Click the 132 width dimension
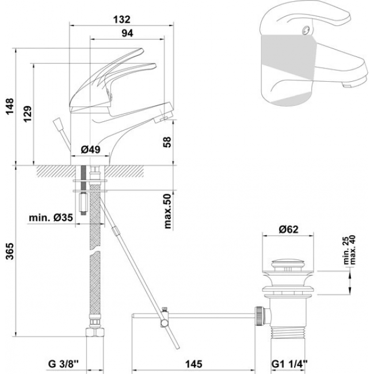(x=121, y=20)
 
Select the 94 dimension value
(x=127, y=33)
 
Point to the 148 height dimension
(x=10, y=106)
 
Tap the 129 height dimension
(x=28, y=114)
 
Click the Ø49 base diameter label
(x=91, y=150)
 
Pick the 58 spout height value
(x=167, y=142)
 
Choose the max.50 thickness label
(x=168, y=211)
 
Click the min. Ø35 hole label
(x=51, y=217)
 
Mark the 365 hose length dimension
(x=10, y=251)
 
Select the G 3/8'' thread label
(x=63, y=364)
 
